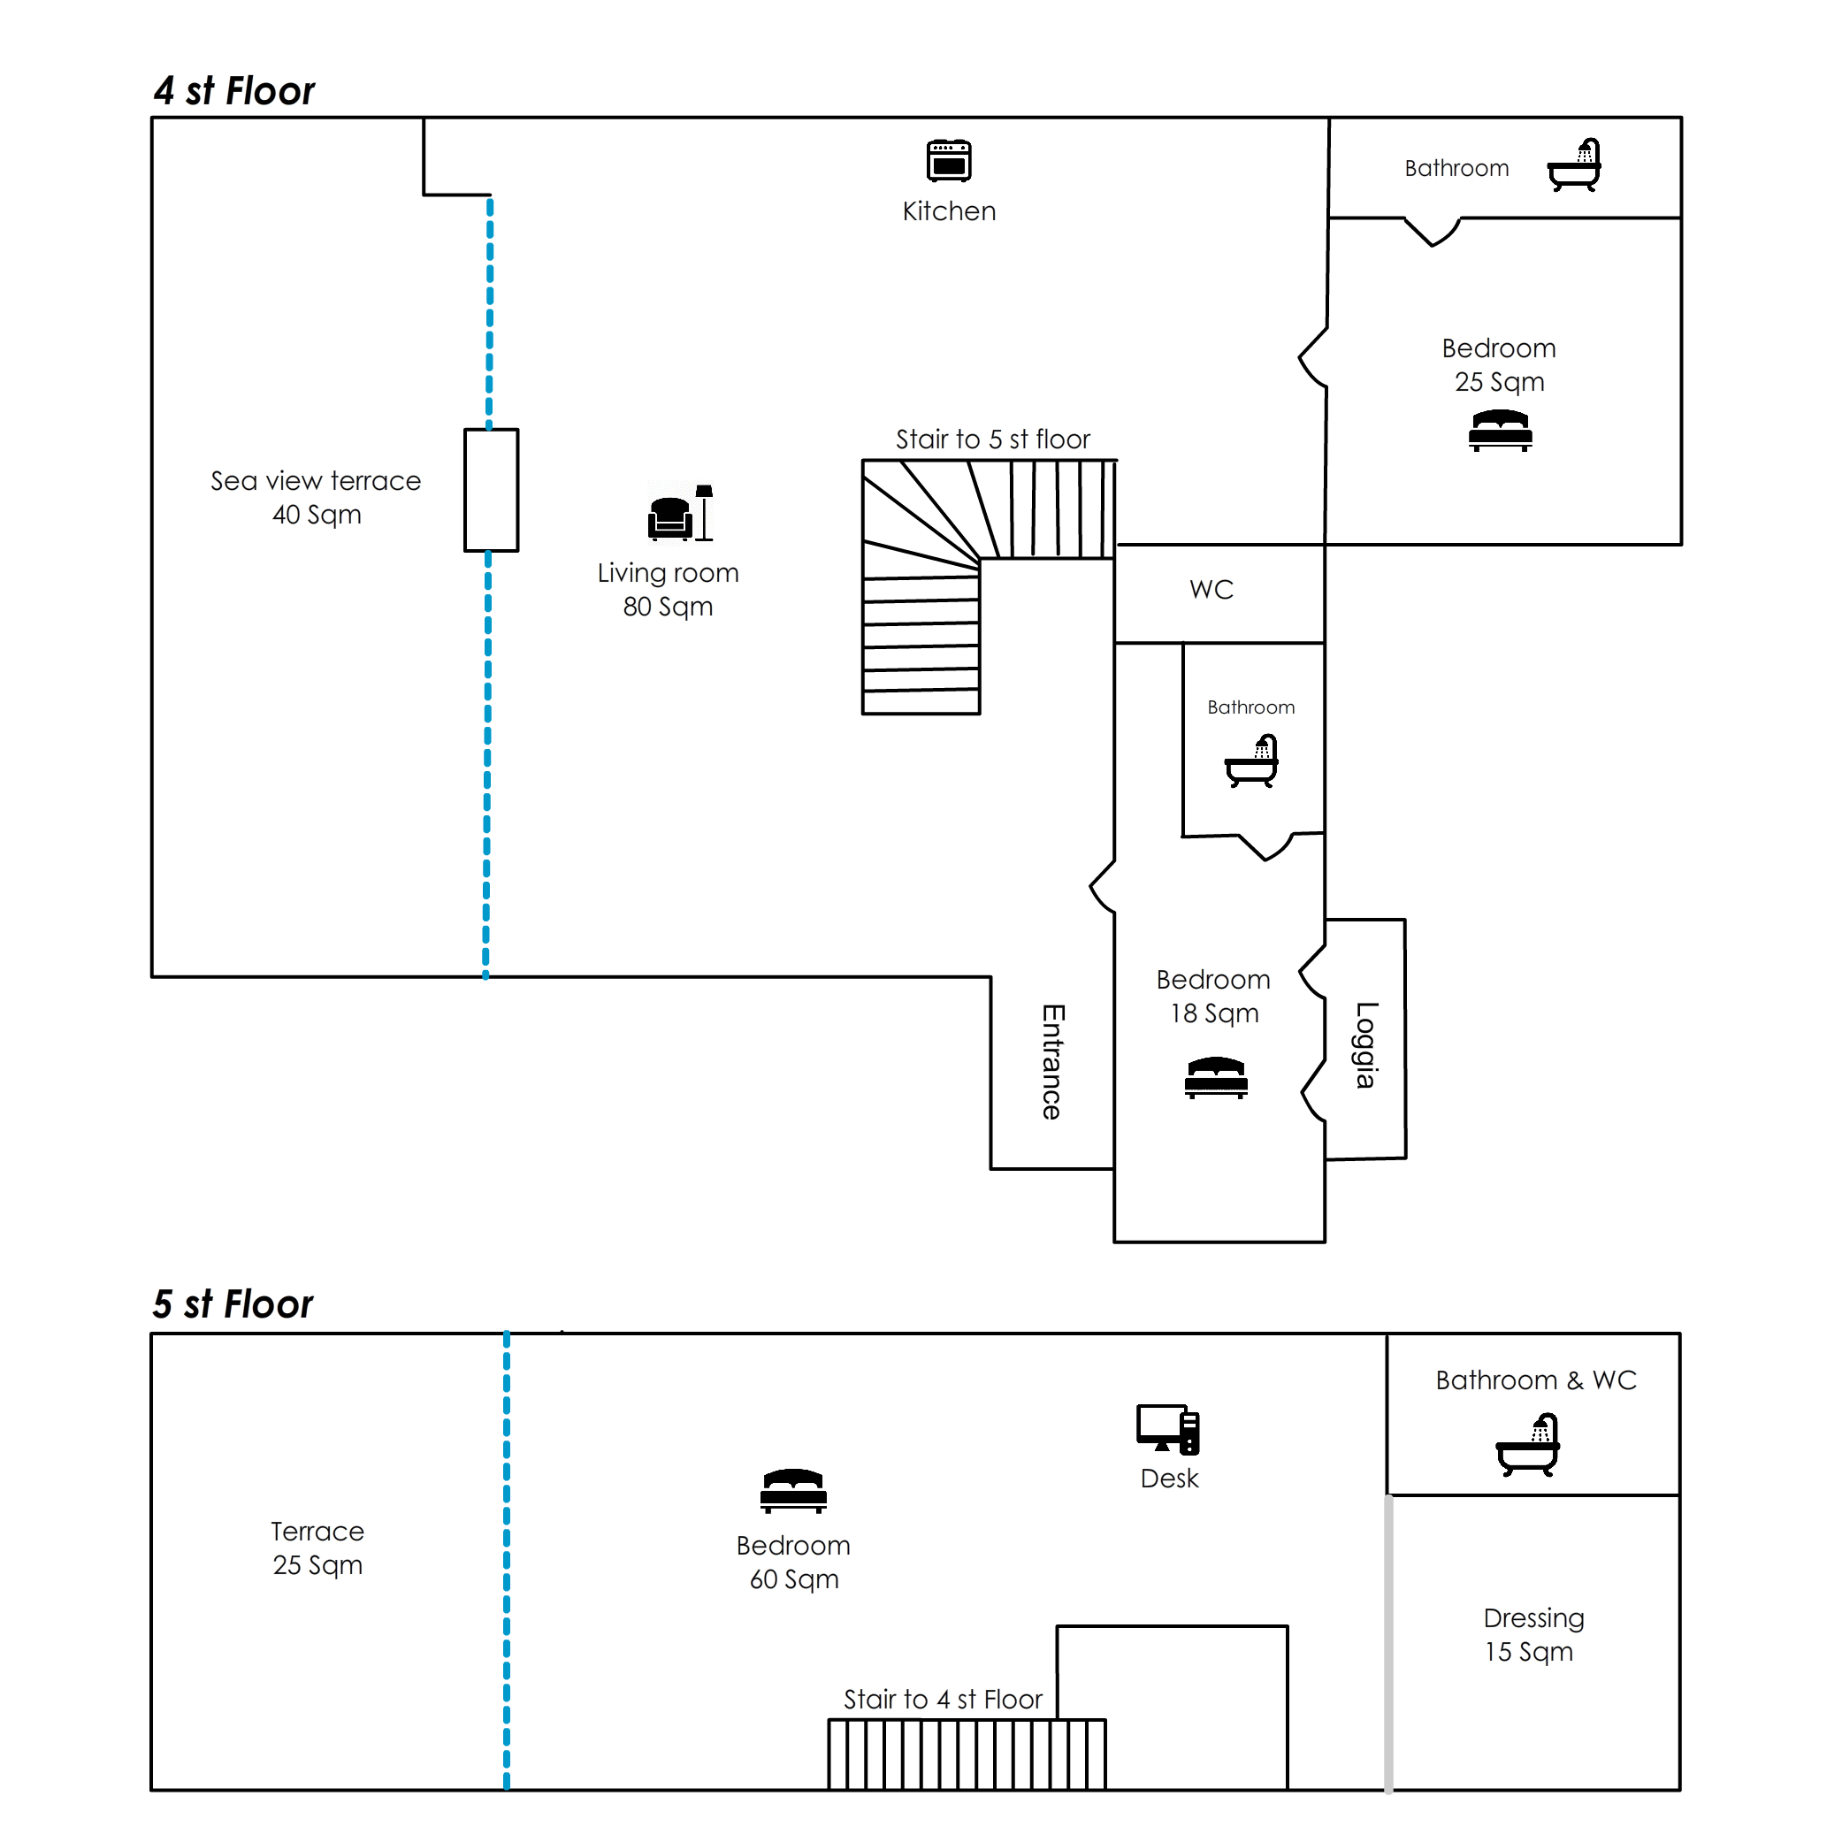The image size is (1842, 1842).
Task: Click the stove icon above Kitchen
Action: (949, 160)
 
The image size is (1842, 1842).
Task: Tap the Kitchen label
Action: (949, 211)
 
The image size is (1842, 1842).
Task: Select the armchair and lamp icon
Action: (680, 514)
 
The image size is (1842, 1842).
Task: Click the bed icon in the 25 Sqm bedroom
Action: (1500, 430)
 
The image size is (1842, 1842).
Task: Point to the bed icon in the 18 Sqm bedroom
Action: (1216, 1077)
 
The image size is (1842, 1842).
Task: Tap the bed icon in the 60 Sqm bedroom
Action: (793, 1491)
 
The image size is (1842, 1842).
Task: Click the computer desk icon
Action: (1168, 1430)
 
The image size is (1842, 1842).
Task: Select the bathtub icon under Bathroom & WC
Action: (1527, 1447)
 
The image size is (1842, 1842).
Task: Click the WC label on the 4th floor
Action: (1211, 590)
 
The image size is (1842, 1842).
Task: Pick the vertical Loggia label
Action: (1366, 1045)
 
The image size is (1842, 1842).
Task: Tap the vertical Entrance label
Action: (1052, 1061)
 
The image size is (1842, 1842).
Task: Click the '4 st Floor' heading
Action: (234, 92)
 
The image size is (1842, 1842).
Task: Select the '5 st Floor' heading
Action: (233, 1304)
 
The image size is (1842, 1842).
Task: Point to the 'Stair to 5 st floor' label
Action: (992, 439)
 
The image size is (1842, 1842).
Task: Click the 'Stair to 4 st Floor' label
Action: (943, 1699)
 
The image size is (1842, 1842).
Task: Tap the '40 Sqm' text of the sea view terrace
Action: (317, 515)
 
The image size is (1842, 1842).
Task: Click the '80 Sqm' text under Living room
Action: (668, 607)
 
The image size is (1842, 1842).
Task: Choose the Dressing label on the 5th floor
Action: (1533, 1618)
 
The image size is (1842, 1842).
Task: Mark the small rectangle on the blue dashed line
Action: (491, 490)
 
